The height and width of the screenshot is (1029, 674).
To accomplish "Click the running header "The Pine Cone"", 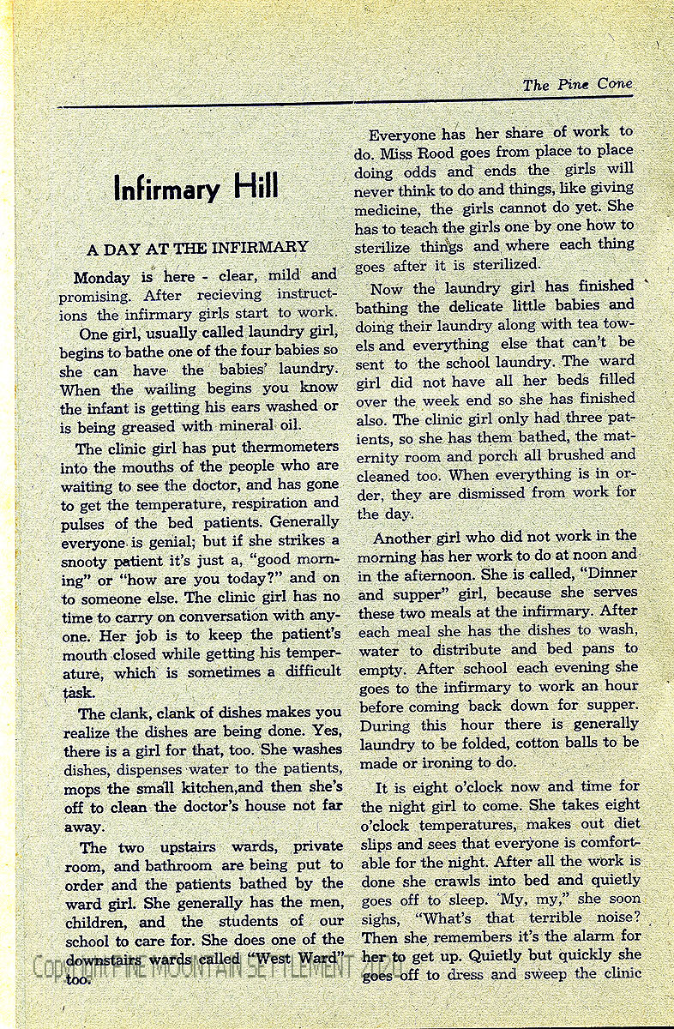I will pyautogui.click(x=577, y=84).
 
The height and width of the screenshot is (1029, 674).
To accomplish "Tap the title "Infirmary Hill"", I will pyautogui.click(x=196, y=188).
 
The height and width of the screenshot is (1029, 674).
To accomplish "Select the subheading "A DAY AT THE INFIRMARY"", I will pyautogui.click(x=197, y=248).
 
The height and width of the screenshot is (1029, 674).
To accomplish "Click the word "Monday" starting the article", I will pyautogui.click(x=101, y=277).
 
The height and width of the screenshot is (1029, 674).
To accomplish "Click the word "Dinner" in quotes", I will pyautogui.click(x=608, y=574).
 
